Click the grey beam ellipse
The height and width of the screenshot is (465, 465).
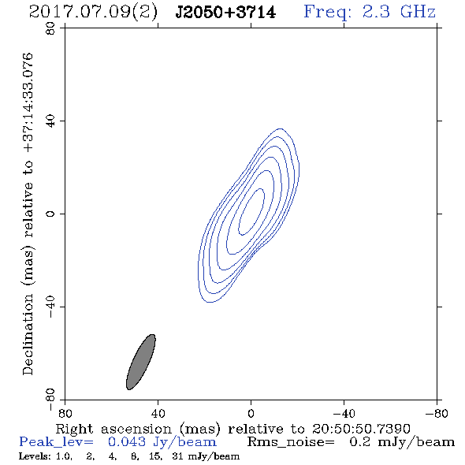[141, 362]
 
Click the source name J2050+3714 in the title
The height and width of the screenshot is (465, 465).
[225, 13]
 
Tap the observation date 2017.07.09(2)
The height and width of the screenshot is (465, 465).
[93, 13]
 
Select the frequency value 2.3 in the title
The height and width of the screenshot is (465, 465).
[376, 12]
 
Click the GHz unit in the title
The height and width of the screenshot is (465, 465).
[418, 12]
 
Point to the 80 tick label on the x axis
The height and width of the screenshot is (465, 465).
[65, 413]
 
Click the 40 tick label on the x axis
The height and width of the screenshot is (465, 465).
[158, 413]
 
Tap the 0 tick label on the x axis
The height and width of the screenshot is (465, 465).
[251, 413]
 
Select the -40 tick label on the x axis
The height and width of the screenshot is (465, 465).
[344, 413]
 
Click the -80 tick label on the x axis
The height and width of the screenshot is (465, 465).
[437, 413]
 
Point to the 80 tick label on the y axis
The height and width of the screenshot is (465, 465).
[50, 28]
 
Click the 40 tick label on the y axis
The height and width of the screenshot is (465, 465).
[50, 121]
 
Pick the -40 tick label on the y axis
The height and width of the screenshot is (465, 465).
[50, 307]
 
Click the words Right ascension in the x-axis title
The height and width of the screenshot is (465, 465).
[113, 429]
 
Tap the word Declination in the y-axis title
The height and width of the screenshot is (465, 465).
[28, 335]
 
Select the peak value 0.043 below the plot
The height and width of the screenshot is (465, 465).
[127, 442]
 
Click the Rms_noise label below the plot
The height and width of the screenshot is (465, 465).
[291, 442]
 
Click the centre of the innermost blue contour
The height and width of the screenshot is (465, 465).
[251, 212]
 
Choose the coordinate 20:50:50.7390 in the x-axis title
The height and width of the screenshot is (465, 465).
[361, 429]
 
